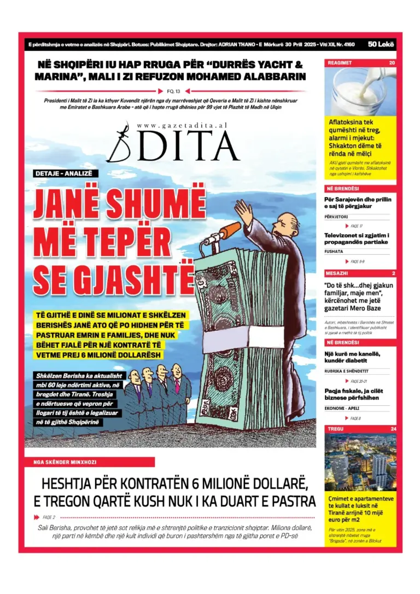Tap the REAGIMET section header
(x=340, y=63)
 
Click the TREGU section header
(x=336, y=429)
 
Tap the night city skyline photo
(x=360, y=462)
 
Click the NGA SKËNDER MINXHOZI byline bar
(x=89, y=462)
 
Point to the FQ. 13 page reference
(x=172, y=91)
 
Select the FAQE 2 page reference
(x=49, y=517)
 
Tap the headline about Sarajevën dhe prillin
(x=358, y=203)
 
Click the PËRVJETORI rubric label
(x=337, y=217)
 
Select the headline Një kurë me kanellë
(x=353, y=357)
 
